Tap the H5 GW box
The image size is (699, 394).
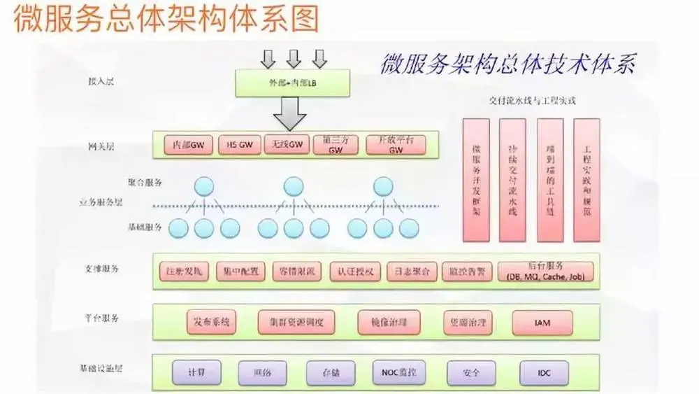click(x=236, y=145)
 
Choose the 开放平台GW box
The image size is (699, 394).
click(x=396, y=145)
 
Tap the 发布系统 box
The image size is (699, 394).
click(x=212, y=323)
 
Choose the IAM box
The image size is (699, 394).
click(x=542, y=323)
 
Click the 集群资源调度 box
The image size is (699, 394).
click(x=296, y=323)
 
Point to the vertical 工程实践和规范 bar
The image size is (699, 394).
click(x=586, y=180)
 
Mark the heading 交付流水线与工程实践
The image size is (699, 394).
click(x=533, y=101)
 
